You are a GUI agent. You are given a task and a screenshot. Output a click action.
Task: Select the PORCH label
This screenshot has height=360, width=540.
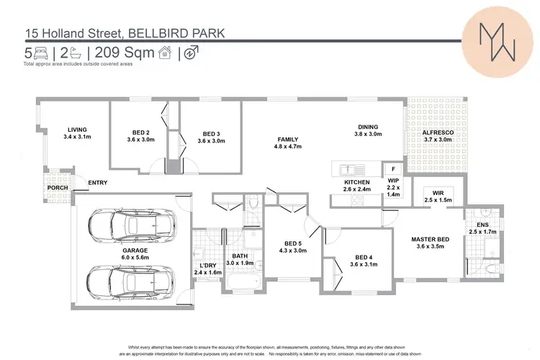[58, 188]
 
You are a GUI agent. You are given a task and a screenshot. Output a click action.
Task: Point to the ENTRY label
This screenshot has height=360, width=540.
[97, 183]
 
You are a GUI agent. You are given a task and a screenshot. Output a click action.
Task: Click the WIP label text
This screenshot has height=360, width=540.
[392, 181]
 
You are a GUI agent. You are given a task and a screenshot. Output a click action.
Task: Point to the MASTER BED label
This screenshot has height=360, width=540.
[431, 239]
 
